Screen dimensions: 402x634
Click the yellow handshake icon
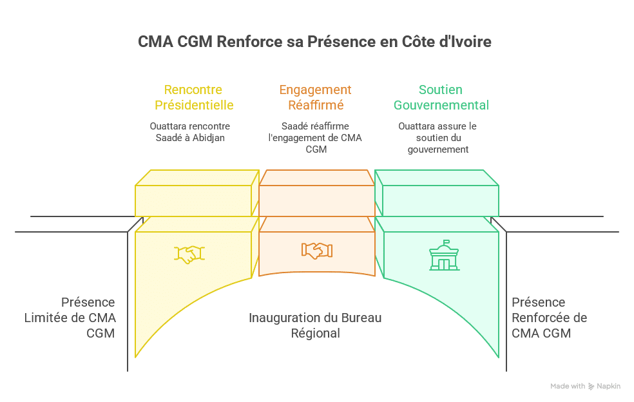pyautogui.click(x=189, y=254)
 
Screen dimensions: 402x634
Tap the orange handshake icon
pyautogui.click(x=316, y=250)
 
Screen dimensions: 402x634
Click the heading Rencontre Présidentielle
pyautogui.click(x=193, y=97)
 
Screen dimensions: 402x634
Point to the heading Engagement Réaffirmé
pyautogui.click(x=316, y=97)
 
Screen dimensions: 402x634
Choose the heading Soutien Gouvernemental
pyautogui.click(x=441, y=97)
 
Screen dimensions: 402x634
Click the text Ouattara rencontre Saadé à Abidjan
pyautogui.click(x=189, y=131)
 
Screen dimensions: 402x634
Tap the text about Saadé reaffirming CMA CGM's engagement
pyautogui.click(x=316, y=137)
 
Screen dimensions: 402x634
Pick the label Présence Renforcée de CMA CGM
pyautogui.click(x=549, y=318)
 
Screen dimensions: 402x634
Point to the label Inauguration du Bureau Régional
pyautogui.click(x=316, y=325)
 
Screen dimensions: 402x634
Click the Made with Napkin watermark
pyautogui.click(x=585, y=386)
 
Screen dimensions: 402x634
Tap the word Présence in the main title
pyautogui.click(x=336, y=43)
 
